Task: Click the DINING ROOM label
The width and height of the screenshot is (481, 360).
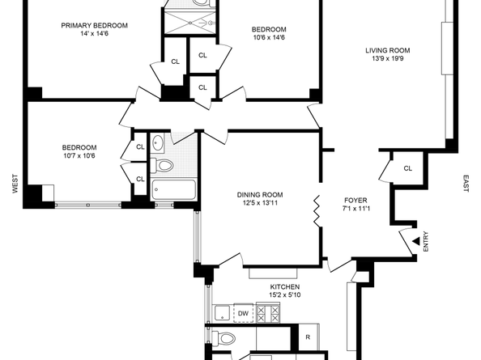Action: pyautogui.click(x=260, y=194)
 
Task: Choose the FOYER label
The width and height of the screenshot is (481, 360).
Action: pyautogui.click(x=355, y=198)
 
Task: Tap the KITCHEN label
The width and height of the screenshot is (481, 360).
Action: pyautogui.click(x=284, y=287)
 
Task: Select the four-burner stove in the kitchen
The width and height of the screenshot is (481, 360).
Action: pyautogui.click(x=268, y=314)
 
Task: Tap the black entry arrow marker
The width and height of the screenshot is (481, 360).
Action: pyautogui.click(x=415, y=240)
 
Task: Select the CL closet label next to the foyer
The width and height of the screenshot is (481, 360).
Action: pyautogui.click(x=407, y=168)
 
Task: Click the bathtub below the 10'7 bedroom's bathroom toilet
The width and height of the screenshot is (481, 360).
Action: pyautogui.click(x=173, y=192)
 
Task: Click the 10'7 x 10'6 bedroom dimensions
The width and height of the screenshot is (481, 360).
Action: pyautogui.click(x=79, y=156)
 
